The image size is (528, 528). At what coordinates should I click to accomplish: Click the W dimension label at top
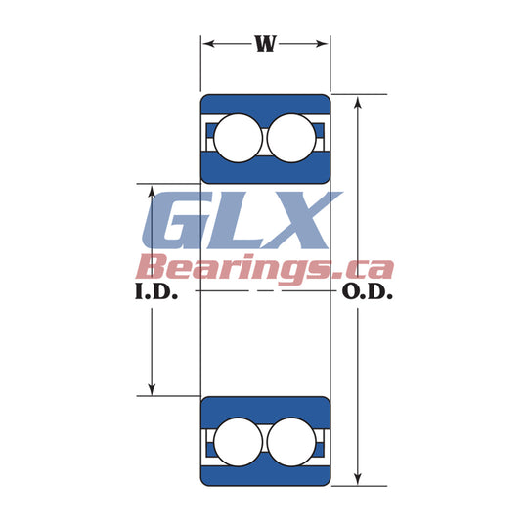click(x=266, y=43)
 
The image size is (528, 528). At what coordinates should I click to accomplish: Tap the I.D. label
click(x=156, y=291)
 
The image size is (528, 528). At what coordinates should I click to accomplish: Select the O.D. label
click(x=368, y=291)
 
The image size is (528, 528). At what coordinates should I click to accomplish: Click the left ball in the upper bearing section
click(x=238, y=138)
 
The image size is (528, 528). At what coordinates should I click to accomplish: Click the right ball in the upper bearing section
click(x=291, y=138)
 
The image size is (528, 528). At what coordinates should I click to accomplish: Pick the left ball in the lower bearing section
click(x=238, y=442)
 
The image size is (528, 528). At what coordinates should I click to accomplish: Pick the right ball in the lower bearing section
click(x=291, y=442)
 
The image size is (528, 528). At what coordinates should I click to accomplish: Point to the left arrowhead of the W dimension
click(x=209, y=44)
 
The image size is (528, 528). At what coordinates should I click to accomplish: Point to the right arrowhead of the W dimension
click(x=322, y=44)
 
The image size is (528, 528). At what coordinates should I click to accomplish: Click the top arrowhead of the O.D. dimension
click(x=358, y=102)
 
